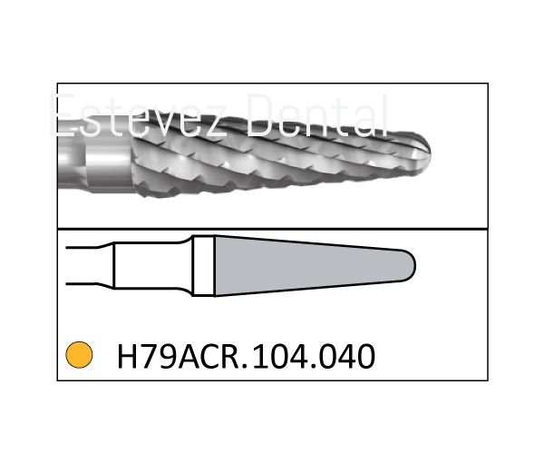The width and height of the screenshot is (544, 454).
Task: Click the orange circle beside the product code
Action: click(x=79, y=355)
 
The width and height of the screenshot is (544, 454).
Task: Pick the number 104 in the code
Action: click(x=279, y=356)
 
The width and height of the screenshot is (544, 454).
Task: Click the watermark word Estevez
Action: click(x=139, y=115)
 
